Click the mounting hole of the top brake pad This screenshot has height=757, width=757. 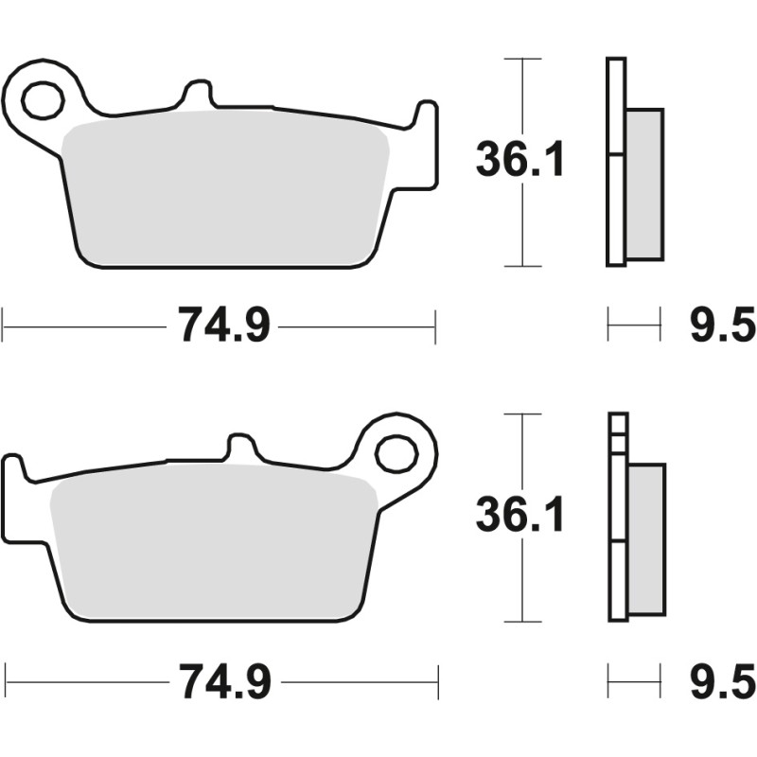[43, 100]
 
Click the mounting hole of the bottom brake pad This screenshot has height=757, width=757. [395, 454]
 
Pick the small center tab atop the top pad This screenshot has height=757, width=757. [198, 95]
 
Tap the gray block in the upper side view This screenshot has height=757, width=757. [644, 185]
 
